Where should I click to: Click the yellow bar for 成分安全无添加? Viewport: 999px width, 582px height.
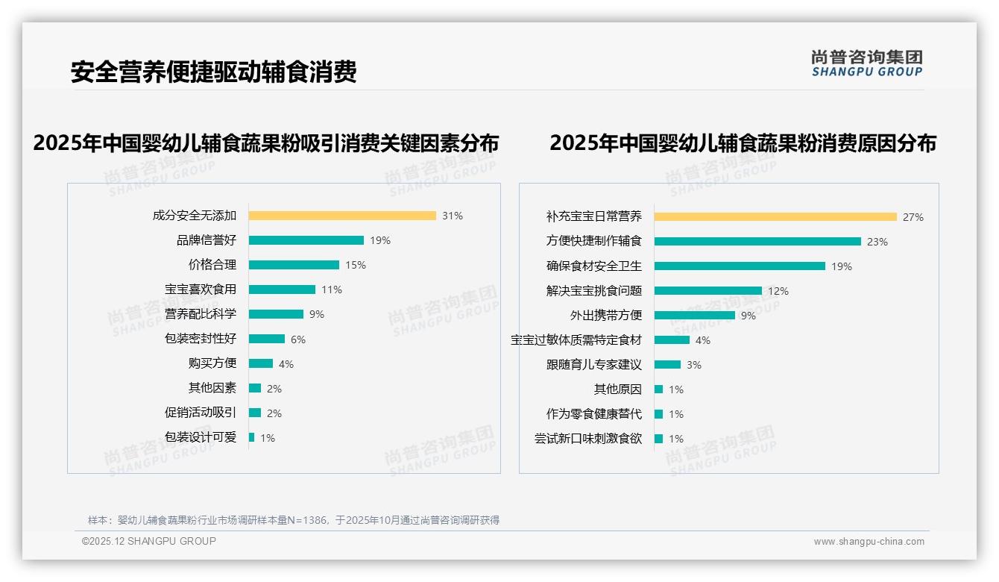point(342,216)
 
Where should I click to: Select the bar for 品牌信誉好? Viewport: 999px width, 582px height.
point(306,240)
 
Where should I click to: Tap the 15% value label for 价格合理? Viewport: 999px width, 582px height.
point(356,265)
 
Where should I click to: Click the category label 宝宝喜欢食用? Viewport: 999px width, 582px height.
point(201,290)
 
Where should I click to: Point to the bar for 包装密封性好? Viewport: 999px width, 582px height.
point(267,339)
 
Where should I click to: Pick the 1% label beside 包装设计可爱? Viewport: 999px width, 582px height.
point(268,438)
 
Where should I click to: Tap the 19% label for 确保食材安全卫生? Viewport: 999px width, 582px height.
point(842,266)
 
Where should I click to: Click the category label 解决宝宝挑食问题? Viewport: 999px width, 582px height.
point(594,291)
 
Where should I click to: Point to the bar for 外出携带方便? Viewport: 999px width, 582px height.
point(695,316)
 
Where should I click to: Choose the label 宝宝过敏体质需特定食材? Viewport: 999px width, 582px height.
point(576,340)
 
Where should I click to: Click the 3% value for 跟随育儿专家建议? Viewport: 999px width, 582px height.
point(694,365)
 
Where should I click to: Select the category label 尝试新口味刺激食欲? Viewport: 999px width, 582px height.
point(588,439)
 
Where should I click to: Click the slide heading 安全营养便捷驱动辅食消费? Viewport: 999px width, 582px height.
point(214,72)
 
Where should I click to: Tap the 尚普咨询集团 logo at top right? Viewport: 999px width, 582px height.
point(867,63)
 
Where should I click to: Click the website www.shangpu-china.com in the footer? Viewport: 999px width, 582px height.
point(869,542)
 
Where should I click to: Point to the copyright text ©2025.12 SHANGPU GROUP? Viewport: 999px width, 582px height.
point(149,541)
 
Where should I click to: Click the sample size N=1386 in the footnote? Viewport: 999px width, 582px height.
point(307,520)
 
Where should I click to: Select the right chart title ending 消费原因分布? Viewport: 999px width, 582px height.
point(743,143)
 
